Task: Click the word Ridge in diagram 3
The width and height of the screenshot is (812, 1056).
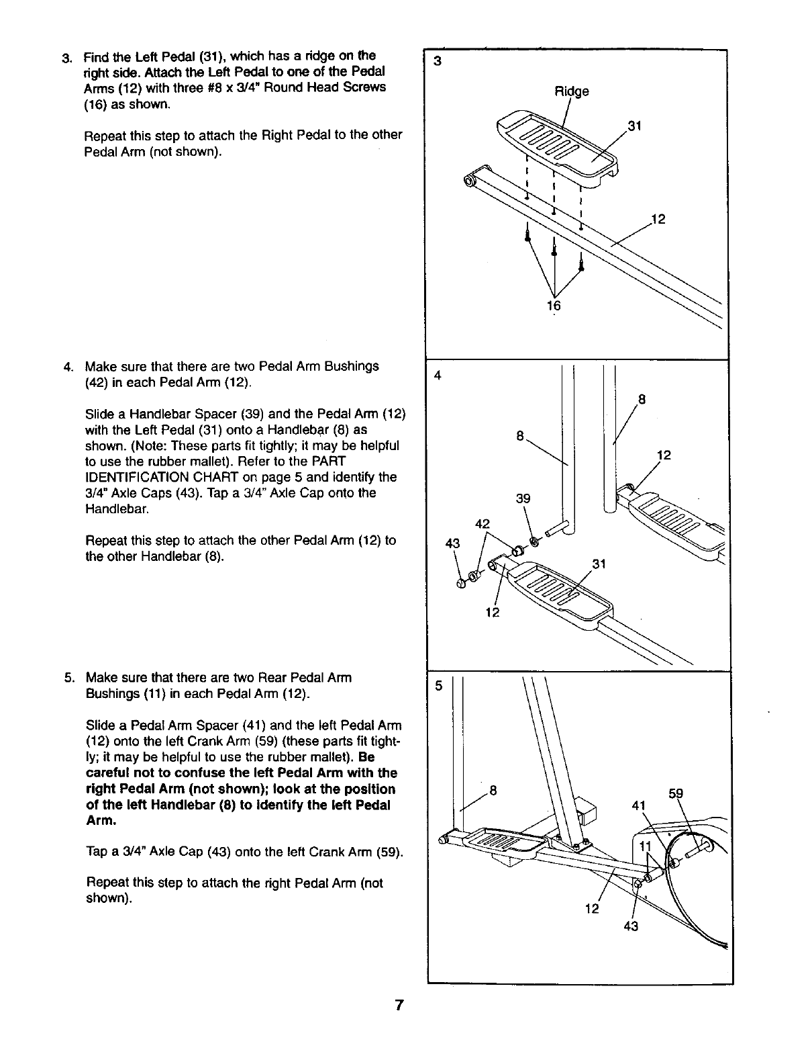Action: (571, 91)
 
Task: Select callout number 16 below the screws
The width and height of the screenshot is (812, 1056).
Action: (554, 306)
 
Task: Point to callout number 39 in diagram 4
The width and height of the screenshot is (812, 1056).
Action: (523, 498)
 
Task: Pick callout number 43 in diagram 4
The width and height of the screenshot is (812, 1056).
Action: (452, 543)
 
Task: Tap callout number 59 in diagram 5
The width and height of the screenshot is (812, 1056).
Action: (677, 794)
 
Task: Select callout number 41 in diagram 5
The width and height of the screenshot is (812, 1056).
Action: (638, 805)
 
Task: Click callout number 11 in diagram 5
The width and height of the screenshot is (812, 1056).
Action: (645, 845)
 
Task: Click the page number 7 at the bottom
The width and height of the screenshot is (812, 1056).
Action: (399, 1006)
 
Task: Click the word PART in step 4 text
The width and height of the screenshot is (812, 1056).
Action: (329, 461)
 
